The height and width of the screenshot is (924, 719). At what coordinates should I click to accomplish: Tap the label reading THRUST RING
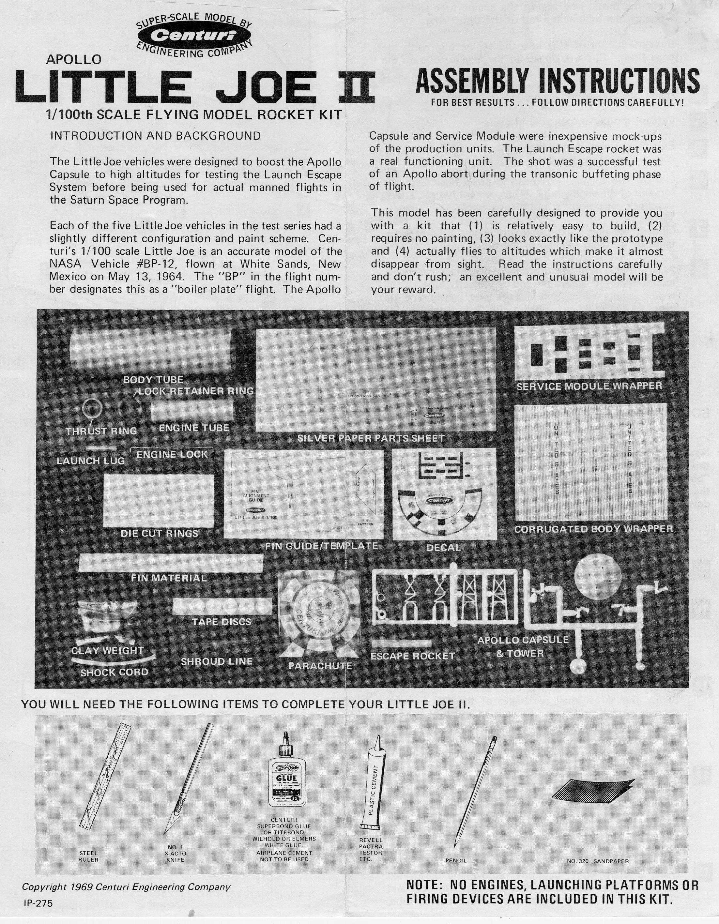pyautogui.click(x=101, y=431)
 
